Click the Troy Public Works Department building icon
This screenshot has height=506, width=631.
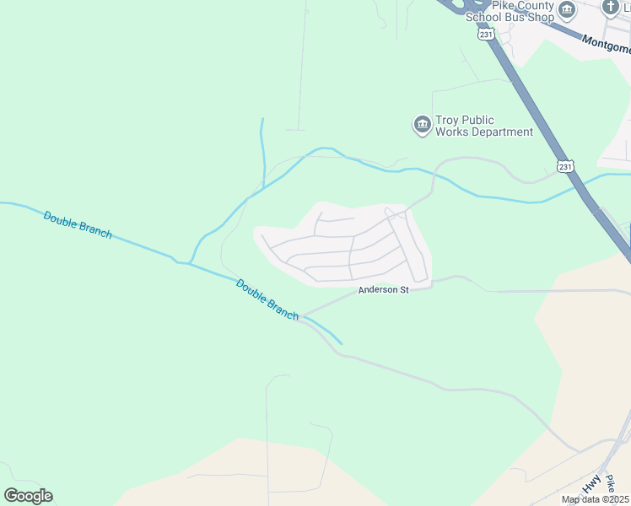click(422, 126)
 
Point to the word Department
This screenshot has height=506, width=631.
click(502, 132)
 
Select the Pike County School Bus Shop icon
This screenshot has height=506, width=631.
click(567, 10)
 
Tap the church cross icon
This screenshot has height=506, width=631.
click(610, 8)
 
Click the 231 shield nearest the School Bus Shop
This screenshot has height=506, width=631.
click(484, 35)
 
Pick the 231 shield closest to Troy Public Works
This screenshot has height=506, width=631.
click(566, 167)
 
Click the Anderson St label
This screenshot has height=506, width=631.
click(383, 290)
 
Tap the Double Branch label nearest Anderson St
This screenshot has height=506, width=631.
click(267, 299)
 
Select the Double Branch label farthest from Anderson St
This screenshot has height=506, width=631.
click(78, 225)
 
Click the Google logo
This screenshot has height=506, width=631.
click(28, 496)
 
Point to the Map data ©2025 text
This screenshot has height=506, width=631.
click(595, 499)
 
